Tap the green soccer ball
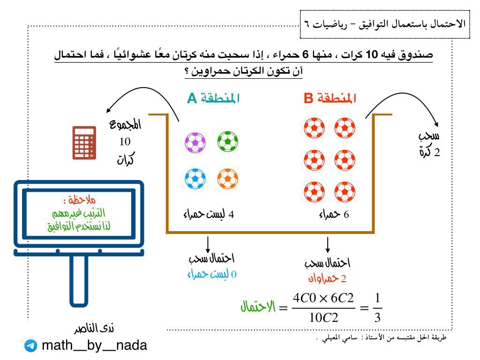228,141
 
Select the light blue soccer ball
195,178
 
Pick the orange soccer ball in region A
228,178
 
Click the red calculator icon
84,142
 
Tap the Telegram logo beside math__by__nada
31,346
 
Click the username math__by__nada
94,346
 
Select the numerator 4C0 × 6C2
323,298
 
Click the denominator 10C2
323,317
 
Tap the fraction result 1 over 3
378,308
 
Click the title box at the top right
384,23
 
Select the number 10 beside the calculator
125,142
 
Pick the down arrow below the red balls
328,244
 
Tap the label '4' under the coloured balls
231,215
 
